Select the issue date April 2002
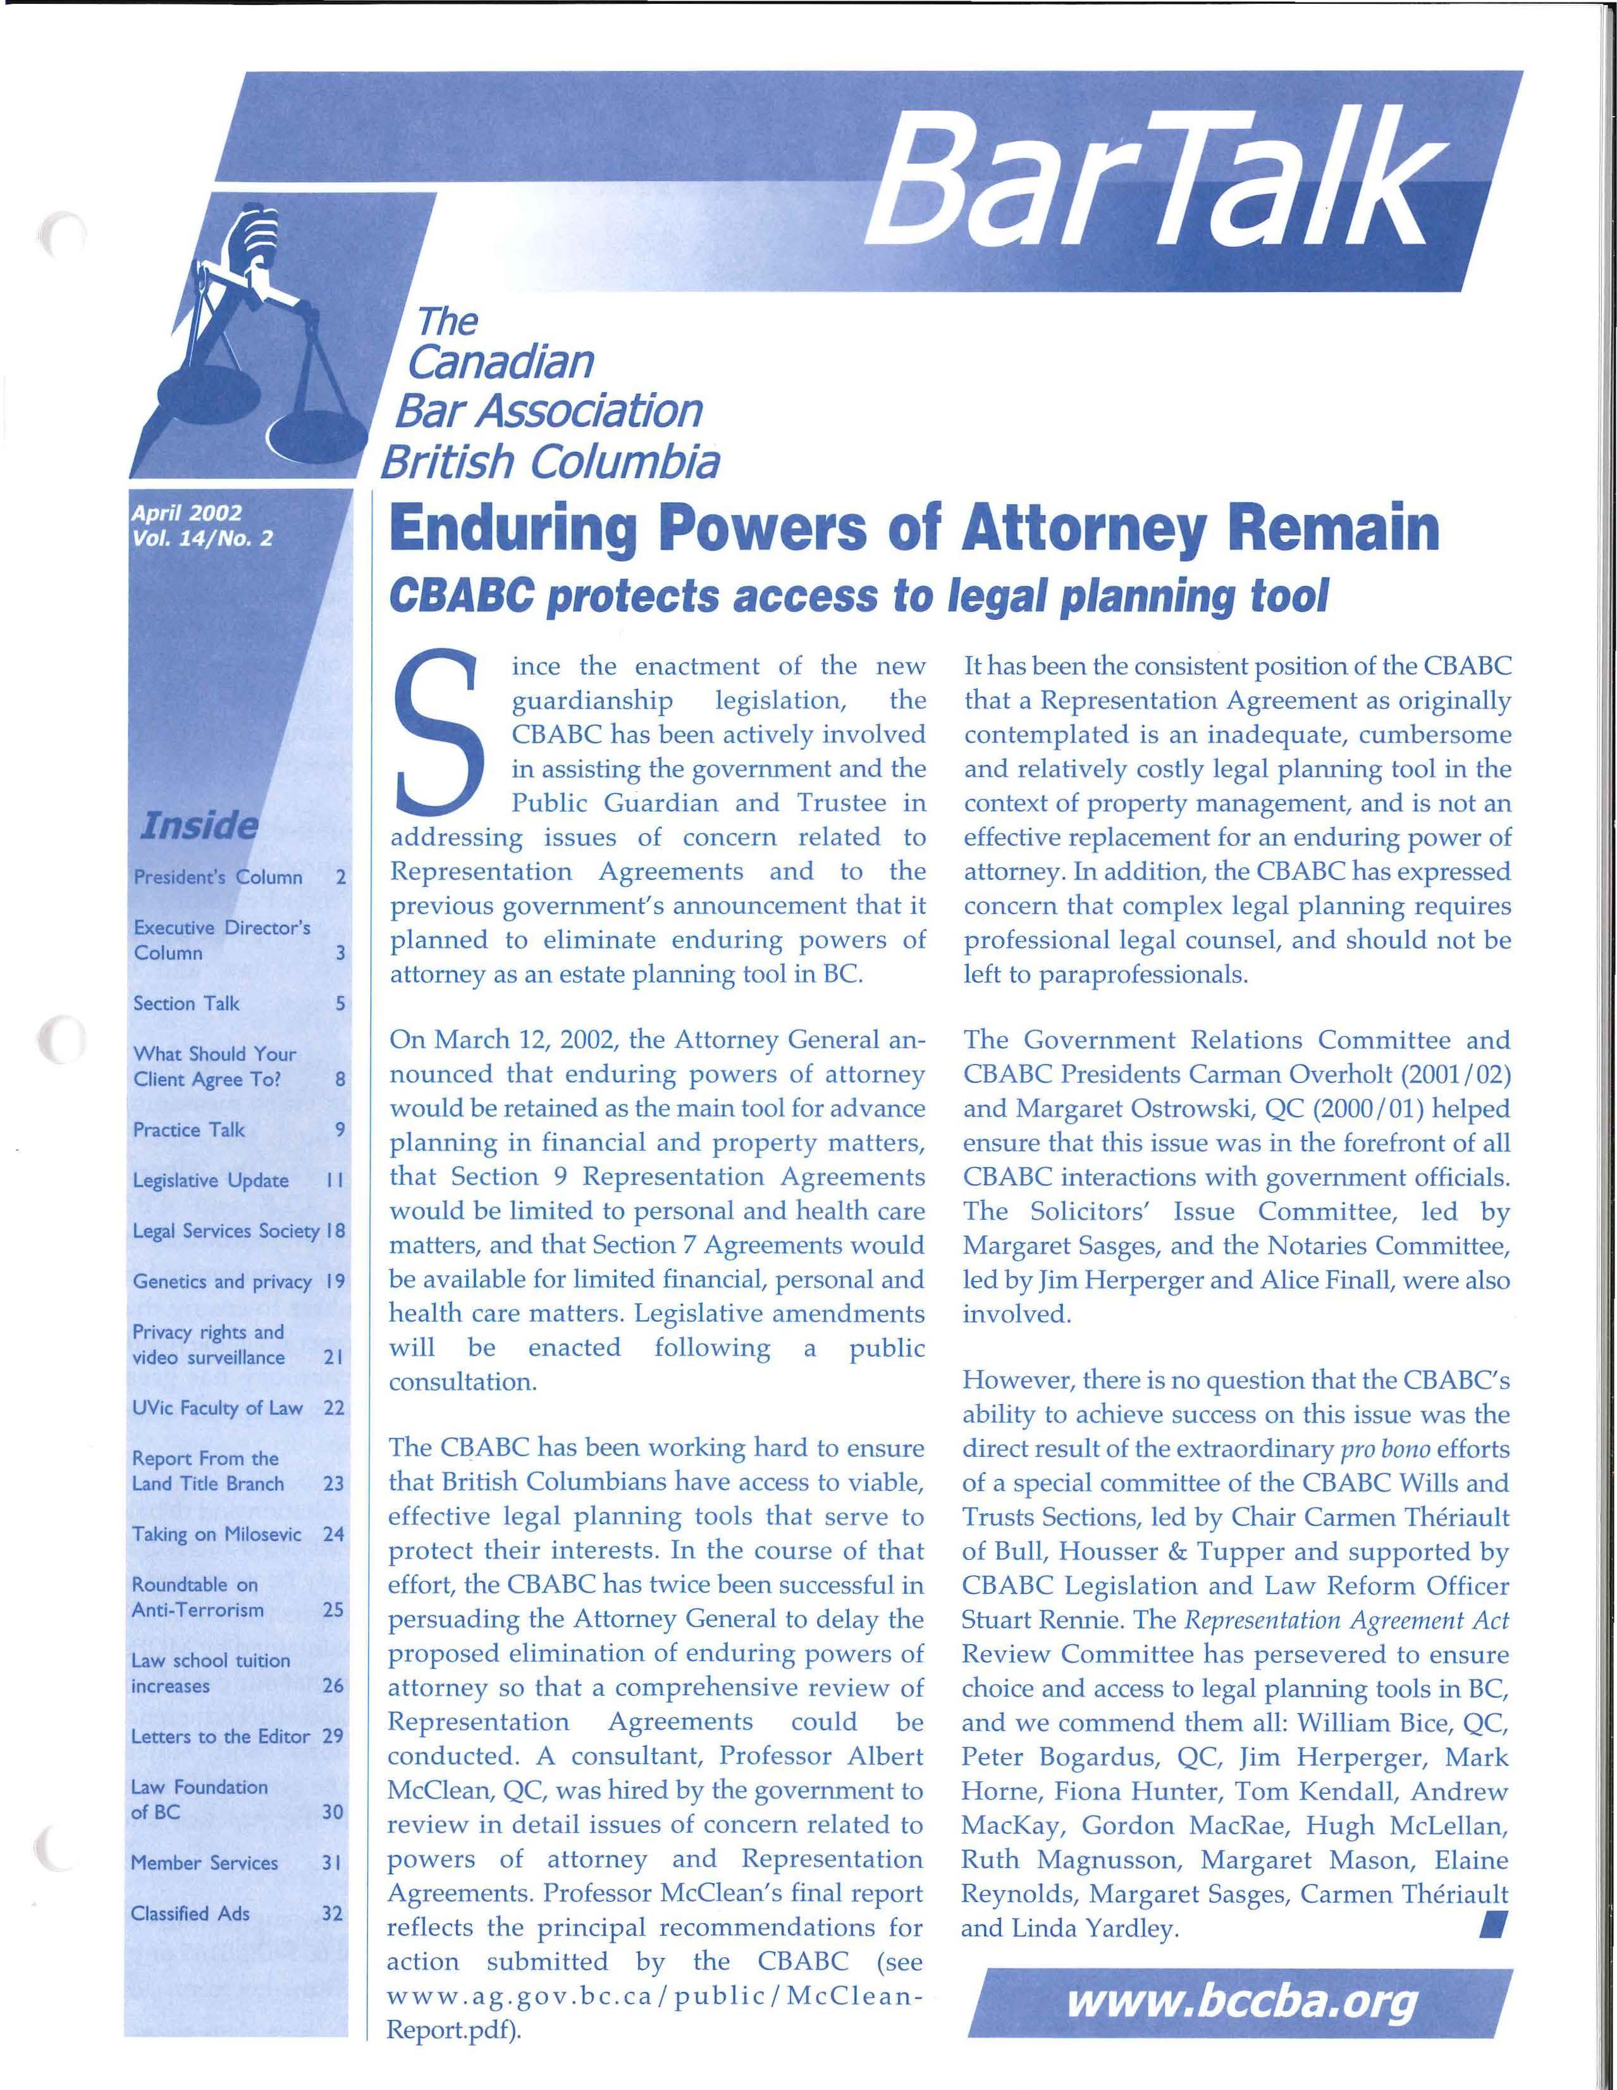pos(187,513)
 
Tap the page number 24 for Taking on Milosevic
pos(333,1534)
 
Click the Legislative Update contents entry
pos(211,1180)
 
